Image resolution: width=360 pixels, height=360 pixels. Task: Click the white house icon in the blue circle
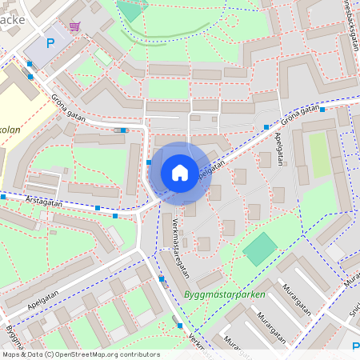pos(180,172)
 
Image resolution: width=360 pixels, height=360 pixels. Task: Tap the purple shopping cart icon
pos(74,26)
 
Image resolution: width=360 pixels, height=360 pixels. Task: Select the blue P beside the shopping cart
pos(50,43)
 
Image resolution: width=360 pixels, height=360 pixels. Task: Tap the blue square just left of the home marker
pos(150,162)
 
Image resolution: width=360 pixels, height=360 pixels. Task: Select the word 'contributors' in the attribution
pos(135,354)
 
